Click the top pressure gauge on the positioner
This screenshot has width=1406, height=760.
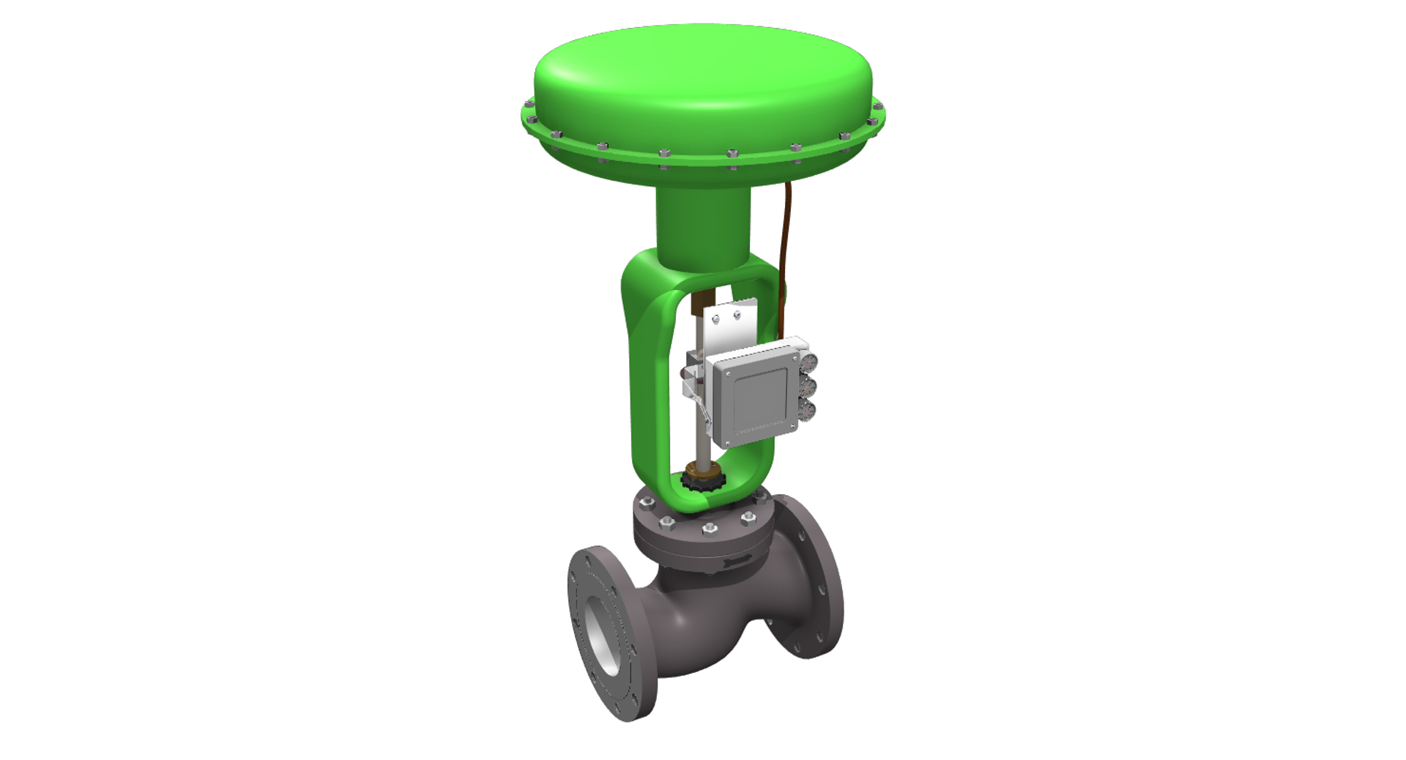tap(807, 364)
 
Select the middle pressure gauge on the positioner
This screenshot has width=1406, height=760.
tap(808, 387)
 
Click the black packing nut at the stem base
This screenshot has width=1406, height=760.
tap(703, 481)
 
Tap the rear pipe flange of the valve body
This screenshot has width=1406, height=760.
tap(809, 578)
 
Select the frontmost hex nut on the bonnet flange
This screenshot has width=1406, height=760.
tap(708, 528)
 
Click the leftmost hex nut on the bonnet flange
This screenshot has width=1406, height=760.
tap(647, 503)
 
